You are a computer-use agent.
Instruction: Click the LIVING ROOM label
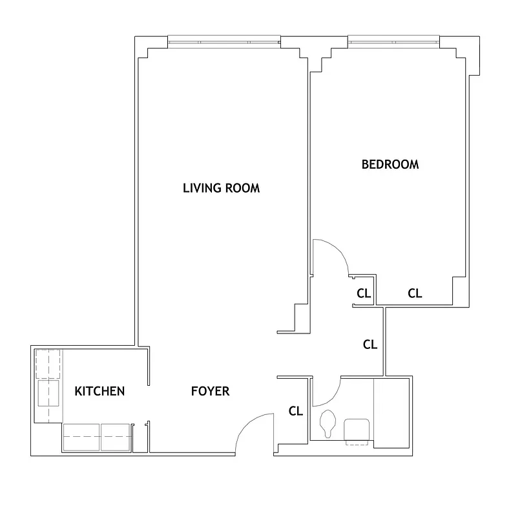tap(221, 188)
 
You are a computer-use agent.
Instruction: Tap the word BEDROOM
tap(390, 164)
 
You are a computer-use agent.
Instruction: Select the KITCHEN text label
tap(99, 391)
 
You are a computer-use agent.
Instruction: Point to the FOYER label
tap(210, 391)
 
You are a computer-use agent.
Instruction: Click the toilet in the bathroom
tap(328, 424)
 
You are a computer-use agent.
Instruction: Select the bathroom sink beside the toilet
tap(356, 430)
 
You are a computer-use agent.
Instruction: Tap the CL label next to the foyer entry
tap(295, 410)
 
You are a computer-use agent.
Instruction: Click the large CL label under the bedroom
tap(414, 293)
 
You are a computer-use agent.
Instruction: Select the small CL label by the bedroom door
tap(364, 293)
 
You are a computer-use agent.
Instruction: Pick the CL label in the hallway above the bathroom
tap(370, 344)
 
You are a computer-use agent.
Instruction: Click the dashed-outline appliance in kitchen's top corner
tap(48, 364)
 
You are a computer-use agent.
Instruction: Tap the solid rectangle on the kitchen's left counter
tap(48, 392)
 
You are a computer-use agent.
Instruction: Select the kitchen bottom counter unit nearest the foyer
tap(116, 437)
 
